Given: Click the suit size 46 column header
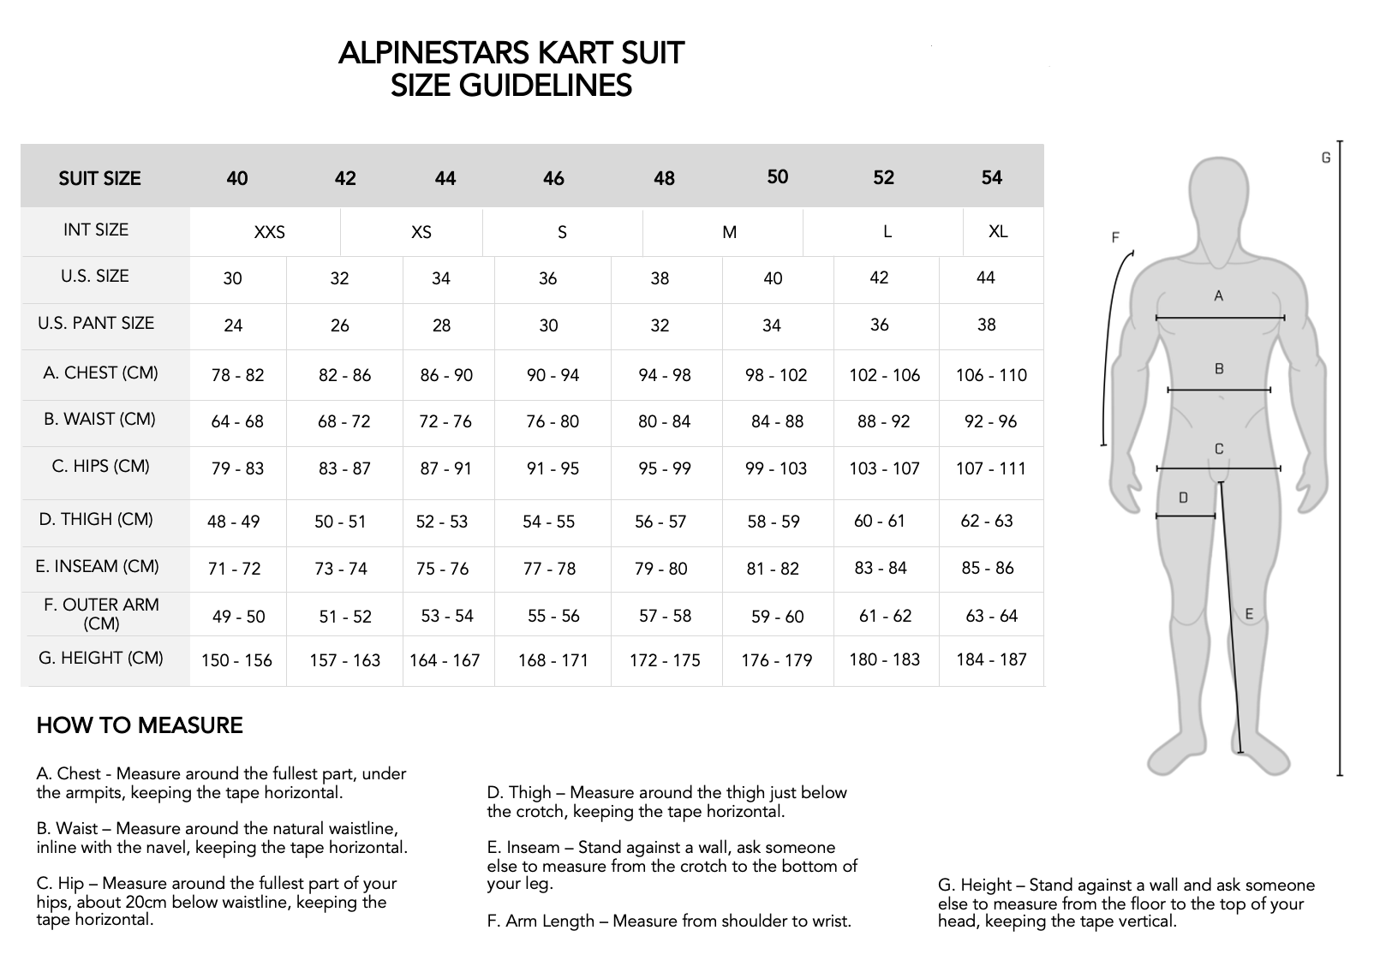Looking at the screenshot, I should (553, 178).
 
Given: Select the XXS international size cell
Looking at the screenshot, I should (269, 232).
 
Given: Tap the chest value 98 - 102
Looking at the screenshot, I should (776, 375).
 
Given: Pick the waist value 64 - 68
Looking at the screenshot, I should (237, 421).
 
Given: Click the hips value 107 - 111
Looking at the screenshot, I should (991, 468).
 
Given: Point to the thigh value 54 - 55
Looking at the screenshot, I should (548, 522).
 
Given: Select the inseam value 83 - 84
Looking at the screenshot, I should (881, 568).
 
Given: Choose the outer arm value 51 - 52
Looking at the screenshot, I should (345, 616).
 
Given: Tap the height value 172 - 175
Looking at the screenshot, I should (665, 660).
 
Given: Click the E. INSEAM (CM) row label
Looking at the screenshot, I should (98, 566).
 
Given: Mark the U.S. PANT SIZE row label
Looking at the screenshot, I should (96, 323).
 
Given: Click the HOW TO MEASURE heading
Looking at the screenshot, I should (140, 725).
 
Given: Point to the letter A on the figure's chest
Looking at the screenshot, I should (1219, 296).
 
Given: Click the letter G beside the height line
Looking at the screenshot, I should (1326, 158).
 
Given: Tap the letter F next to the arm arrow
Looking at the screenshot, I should (1115, 237).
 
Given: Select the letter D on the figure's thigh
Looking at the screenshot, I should (1183, 498).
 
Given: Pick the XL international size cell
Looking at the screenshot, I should (998, 231).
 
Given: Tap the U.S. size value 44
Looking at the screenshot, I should (986, 277).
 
